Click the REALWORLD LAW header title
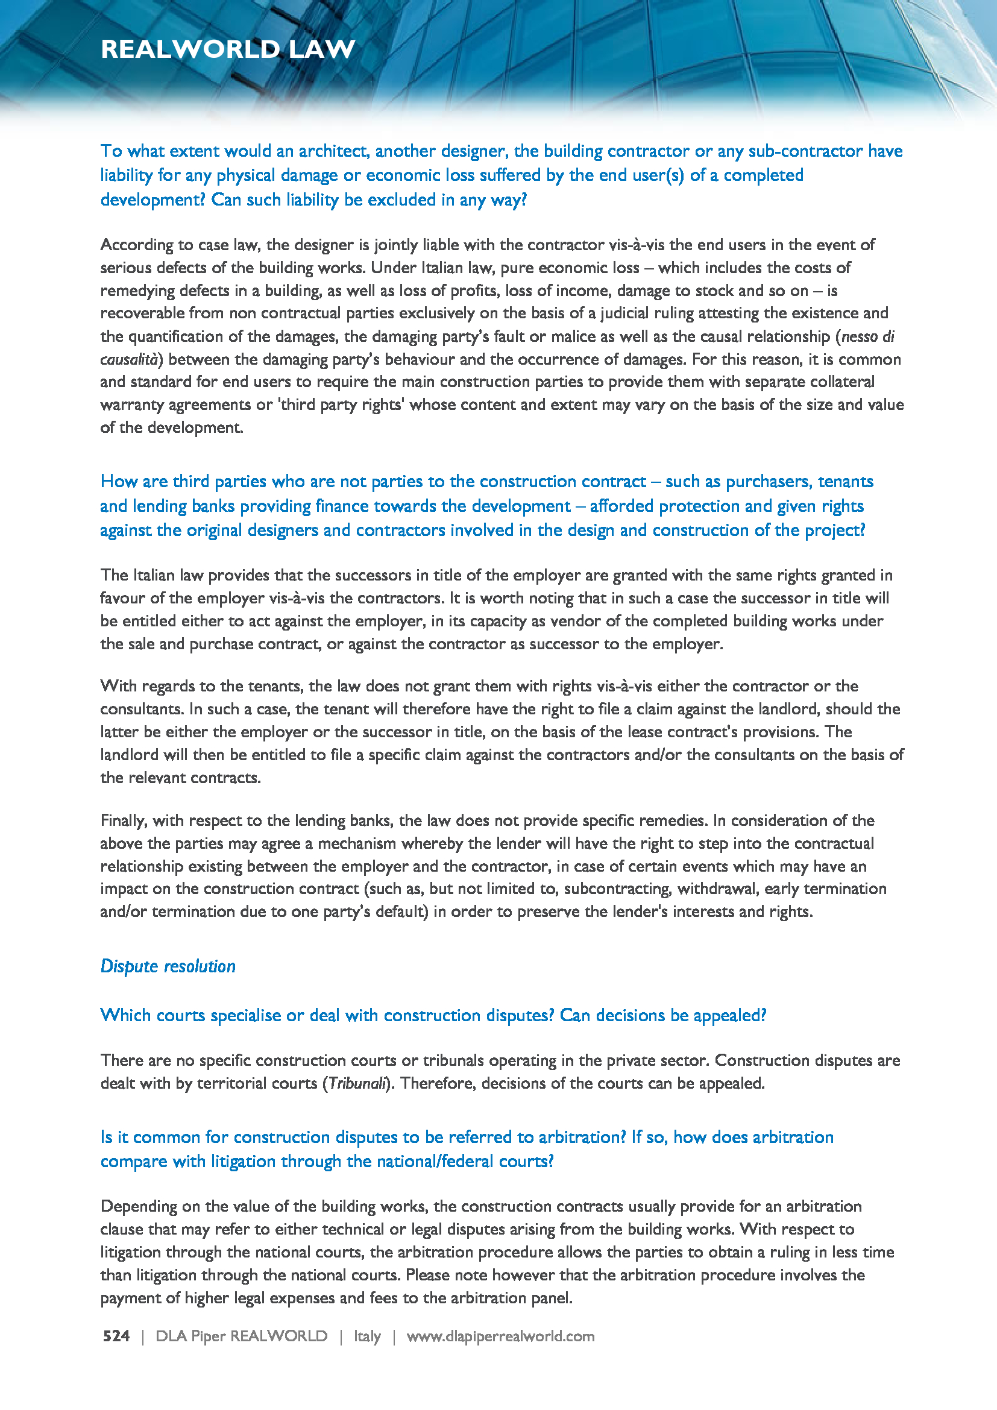[x=228, y=49]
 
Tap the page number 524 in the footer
[x=116, y=1336]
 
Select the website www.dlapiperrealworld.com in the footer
[x=500, y=1336]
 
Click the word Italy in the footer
[x=367, y=1336]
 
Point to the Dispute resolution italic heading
[x=168, y=966]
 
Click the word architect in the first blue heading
[x=333, y=151]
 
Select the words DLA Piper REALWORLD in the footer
[x=241, y=1336]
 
